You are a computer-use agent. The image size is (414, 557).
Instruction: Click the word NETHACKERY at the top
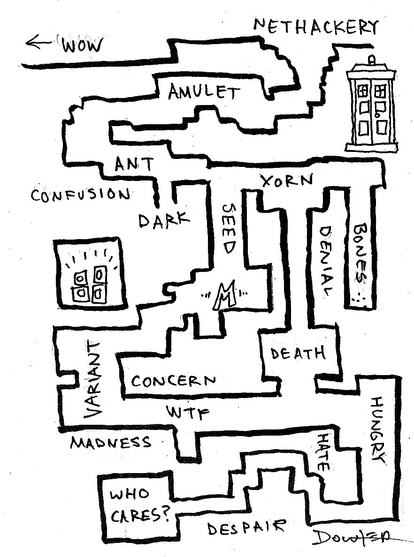(315, 27)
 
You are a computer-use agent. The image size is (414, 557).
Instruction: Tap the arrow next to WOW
(40, 44)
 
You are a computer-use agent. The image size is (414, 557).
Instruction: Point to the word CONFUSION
(80, 194)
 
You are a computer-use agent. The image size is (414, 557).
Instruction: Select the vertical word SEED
(228, 228)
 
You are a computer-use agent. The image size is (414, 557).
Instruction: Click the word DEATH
(298, 353)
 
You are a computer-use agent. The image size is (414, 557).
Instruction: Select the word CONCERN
(174, 380)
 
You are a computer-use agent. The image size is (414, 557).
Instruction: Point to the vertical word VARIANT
(92, 379)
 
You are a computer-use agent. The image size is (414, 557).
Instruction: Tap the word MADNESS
(111, 442)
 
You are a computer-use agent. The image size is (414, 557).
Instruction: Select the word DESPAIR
(246, 528)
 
